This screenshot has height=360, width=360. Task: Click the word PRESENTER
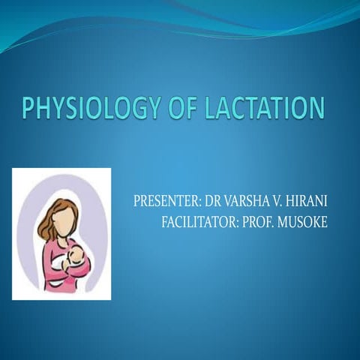tap(161, 202)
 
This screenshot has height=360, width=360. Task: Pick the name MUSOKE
tap(303, 222)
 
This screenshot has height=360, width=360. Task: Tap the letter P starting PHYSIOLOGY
tap(29, 109)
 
